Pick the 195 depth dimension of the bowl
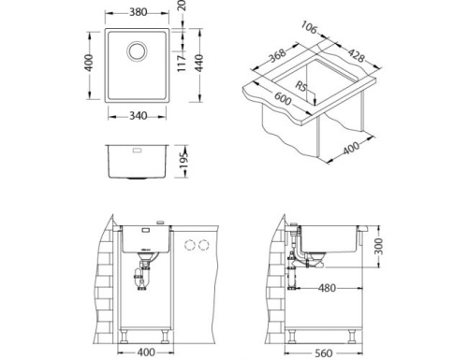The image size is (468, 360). pos(184,162)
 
